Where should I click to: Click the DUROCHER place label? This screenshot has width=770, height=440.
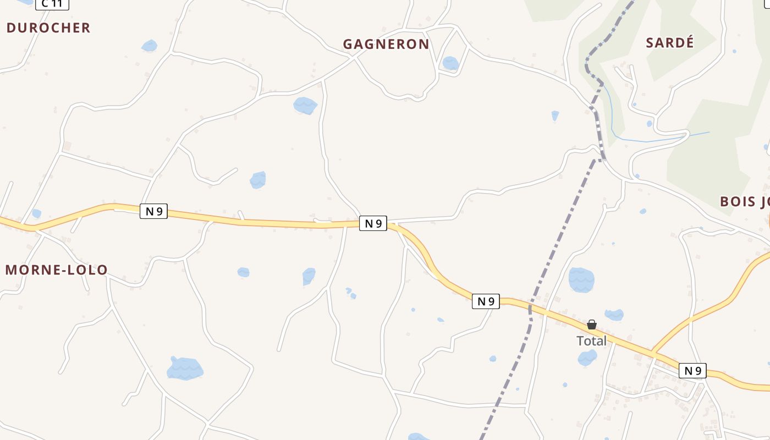48,28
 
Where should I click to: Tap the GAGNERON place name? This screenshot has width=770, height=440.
386,44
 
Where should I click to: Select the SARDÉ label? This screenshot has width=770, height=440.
670,43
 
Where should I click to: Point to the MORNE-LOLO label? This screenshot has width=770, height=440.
56,270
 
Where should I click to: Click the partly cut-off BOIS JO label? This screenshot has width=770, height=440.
745,201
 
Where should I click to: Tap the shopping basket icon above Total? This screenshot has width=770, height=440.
592,324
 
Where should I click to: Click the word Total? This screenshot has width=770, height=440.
591,341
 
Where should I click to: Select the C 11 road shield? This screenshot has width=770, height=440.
52,4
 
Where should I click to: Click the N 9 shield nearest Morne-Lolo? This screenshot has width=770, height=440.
153,211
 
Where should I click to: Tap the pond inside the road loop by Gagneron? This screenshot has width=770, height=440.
450,63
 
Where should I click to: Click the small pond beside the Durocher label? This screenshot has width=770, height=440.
149,46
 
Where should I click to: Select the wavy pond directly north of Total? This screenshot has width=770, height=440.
581,280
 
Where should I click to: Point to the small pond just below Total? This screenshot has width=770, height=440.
587,358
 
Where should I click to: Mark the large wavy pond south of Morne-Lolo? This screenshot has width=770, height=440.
185,369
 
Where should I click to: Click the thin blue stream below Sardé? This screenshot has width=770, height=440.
649,140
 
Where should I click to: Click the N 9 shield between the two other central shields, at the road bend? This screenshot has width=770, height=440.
373,223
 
